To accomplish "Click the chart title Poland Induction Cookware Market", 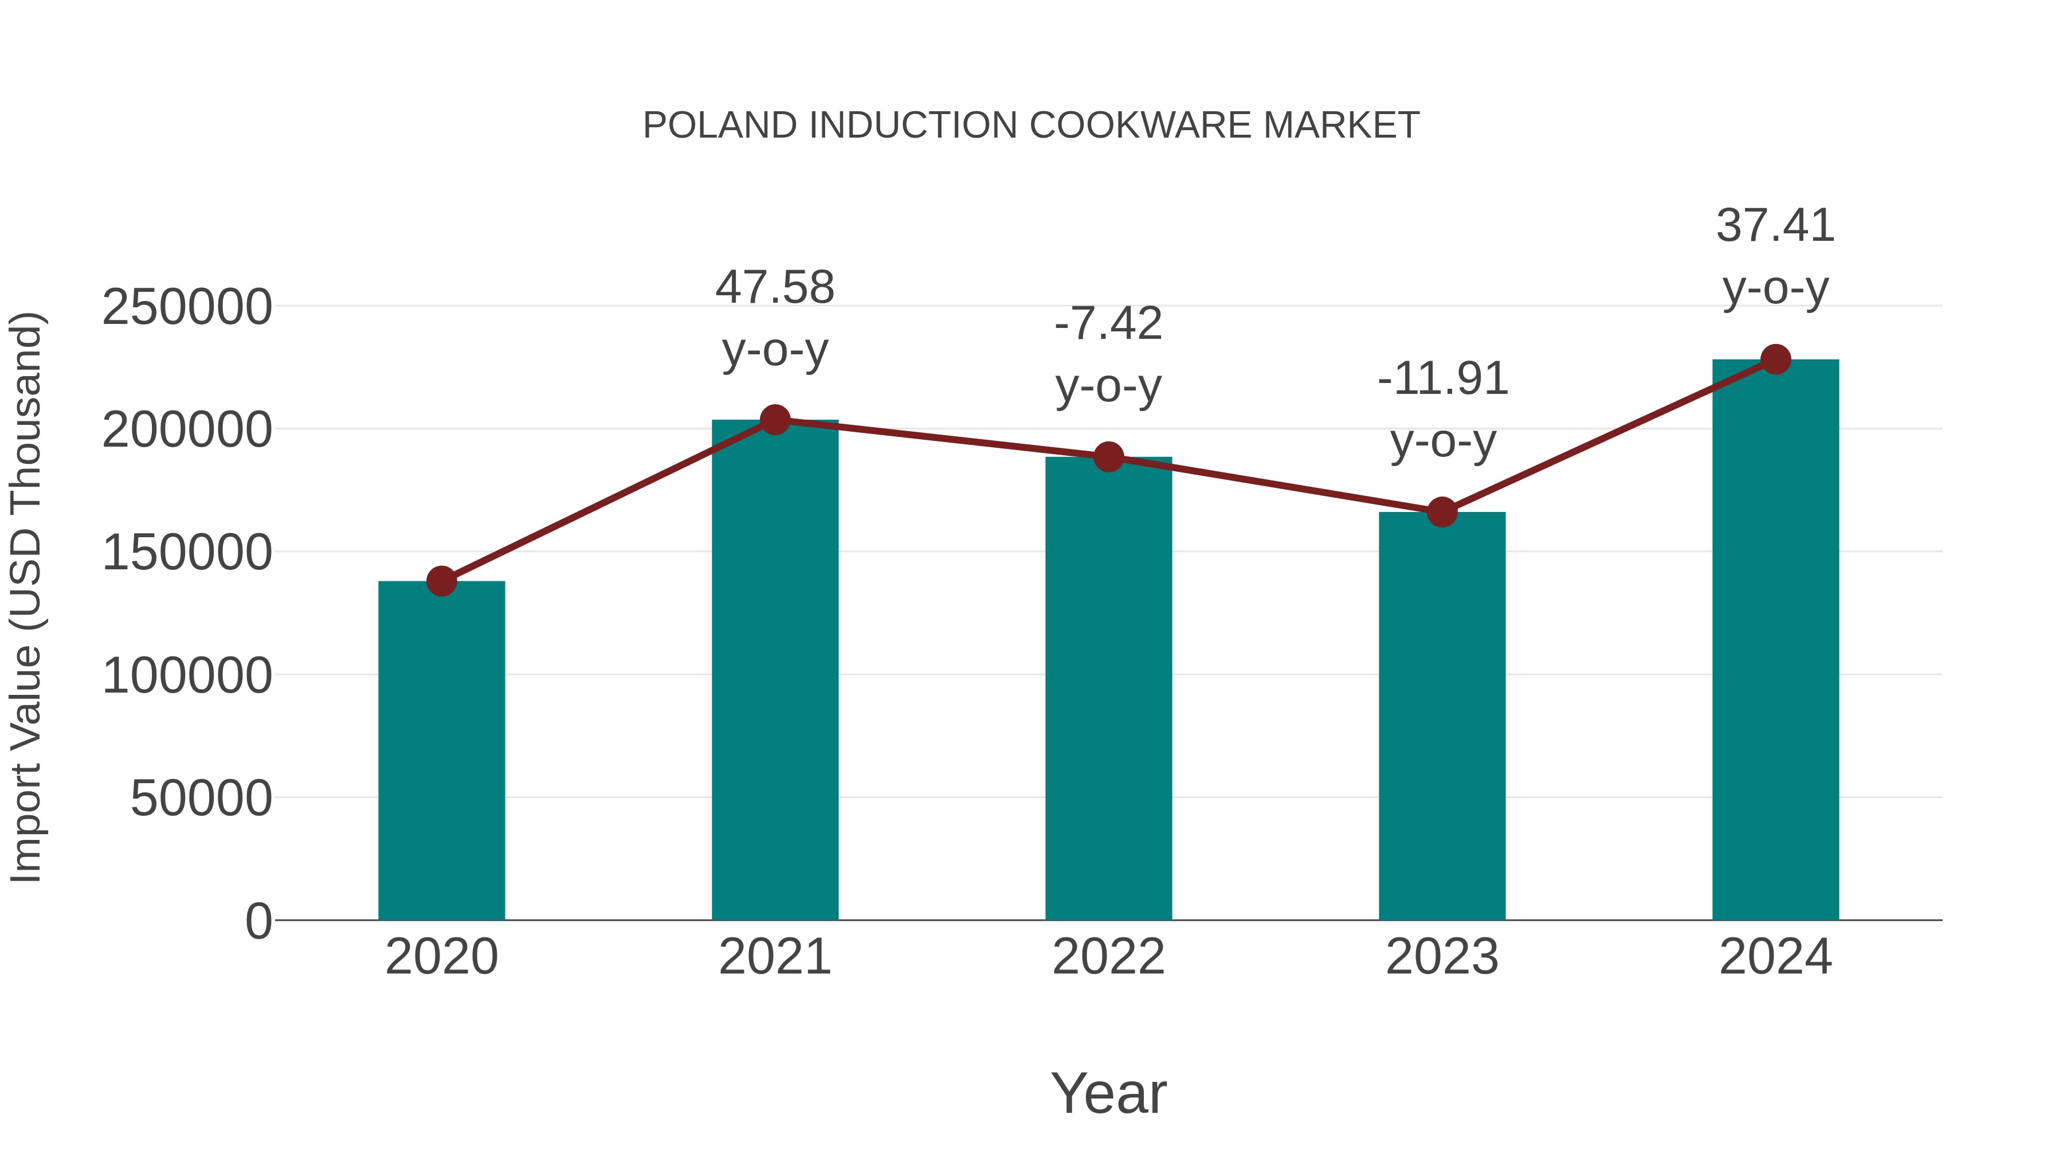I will [x=1031, y=126].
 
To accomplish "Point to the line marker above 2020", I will [x=441, y=581].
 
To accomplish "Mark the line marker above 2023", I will [x=1442, y=512].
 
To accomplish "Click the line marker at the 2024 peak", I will [x=1775, y=359].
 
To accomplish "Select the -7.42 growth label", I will [x=1108, y=324].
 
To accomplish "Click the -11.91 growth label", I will [x=1442, y=379].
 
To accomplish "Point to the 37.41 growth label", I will [x=1775, y=225].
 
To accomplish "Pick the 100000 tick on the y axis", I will [x=187, y=675].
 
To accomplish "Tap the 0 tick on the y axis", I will [x=258, y=921].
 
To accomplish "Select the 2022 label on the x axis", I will [x=1108, y=957].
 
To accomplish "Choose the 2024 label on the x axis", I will [x=1775, y=957].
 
